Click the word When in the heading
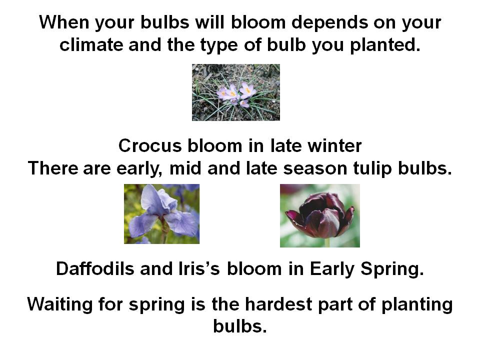coord(63,22)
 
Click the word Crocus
coord(150,145)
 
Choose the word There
coord(53,168)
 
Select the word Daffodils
coord(95,268)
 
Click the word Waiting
coord(59,305)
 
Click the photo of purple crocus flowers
coord(235,92)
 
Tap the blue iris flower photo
coord(161,214)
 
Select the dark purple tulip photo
coord(320,215)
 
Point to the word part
coord(335,305)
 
